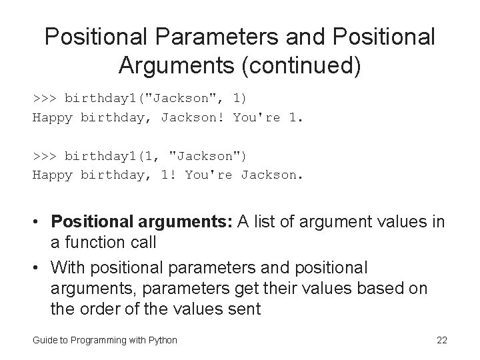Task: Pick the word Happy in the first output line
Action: click(53, 118)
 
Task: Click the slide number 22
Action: click(441, 341)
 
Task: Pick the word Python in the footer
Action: click(163, 341)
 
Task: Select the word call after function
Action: click(139, 243)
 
